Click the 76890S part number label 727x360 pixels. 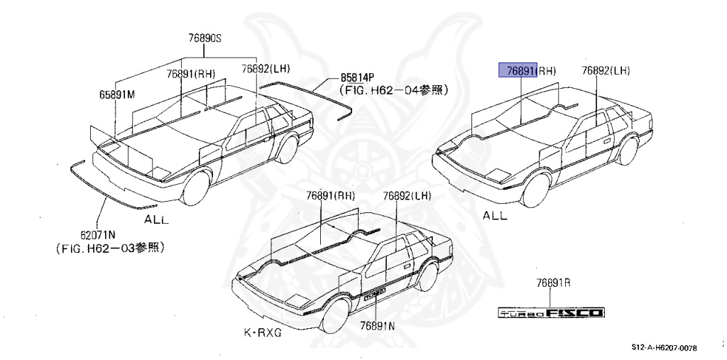[205, 39]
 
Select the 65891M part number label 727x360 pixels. [116, 94]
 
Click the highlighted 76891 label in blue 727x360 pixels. [518, 70]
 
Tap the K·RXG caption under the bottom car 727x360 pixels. [262, 333]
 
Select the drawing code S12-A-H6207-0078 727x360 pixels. [665, 348]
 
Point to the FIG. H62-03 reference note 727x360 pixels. [111, 248]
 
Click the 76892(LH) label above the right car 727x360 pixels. [606, 70]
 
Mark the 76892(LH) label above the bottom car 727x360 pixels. [407, 195]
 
